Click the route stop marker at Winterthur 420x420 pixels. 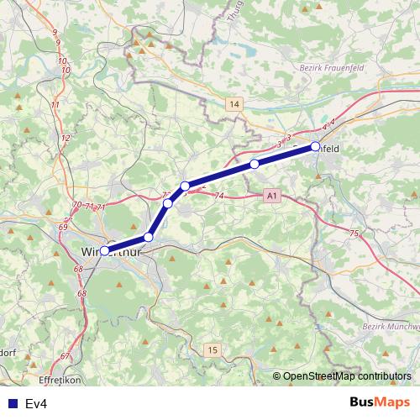coord(105,250)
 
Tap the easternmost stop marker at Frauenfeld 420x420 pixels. coord(315,146)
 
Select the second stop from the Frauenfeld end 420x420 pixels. coord(254,165)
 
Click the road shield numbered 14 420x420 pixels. coord(234,104)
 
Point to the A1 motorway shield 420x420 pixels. coord(270,196)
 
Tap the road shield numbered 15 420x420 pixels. coord(213,349)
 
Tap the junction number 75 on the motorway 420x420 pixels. coord(354,234)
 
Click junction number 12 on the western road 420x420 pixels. coord(66,137)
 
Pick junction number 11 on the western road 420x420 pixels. coord(55,104)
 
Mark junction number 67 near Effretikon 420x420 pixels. coord(65,356)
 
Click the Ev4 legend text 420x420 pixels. coord(35,404)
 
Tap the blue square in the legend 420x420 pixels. coord(13,404)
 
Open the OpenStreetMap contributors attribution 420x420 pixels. coord(346,377)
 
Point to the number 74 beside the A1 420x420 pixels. coord(220,196)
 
